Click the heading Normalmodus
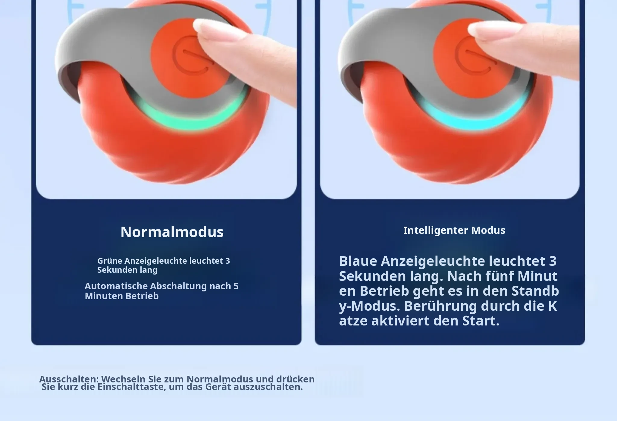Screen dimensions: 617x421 (172, 232)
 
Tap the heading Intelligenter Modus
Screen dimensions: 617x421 (454, 230)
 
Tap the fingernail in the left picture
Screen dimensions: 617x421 (211, 27)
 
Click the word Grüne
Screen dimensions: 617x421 (110, 261)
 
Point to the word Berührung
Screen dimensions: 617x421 (440, 306)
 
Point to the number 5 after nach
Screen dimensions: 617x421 (236, 286)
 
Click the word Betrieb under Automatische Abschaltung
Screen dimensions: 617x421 (142, 296)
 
